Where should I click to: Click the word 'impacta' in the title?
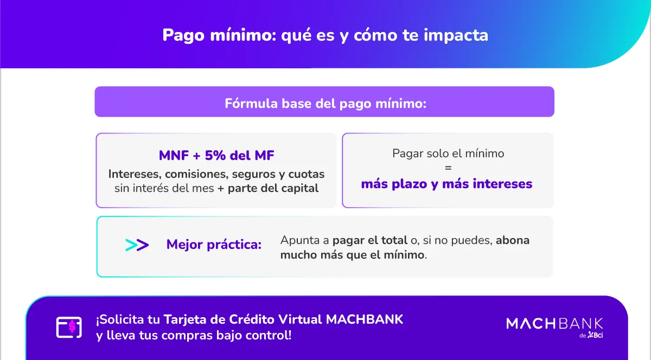click(x=456, y=35)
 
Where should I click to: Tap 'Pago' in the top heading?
click(x=183, y=36)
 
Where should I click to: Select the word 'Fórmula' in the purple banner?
click(x=251, y=103)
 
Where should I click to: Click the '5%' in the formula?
click(x=215, y=156)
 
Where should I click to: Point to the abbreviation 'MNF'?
click(x=174, y=156)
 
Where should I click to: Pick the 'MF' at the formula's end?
click(x=264, y=156)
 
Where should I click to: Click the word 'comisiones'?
click(x=196, y=174)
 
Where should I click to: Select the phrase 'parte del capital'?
click(x=273, y=188)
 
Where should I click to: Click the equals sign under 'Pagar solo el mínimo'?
click(x=448, y=168)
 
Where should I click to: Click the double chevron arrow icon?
click(x=137, y=245)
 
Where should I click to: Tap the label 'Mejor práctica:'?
click(x=214, y=245)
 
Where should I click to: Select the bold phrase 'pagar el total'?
click(x=369, y=240)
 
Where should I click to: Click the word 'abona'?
click(x=512, y=240)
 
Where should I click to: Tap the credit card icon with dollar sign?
click(x=69, y=327)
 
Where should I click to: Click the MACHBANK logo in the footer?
click(x=554, y=327)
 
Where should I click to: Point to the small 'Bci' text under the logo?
click(x=598, y=335)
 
